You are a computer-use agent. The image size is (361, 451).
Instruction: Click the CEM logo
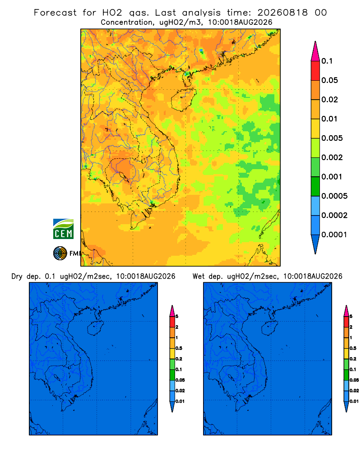click(x=63, y=229)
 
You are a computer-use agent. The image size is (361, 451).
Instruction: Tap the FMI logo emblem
click(x=60, y=253)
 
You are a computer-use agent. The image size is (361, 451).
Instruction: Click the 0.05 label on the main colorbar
click(x=329, y=80)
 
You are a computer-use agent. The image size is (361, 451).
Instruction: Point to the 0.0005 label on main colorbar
click(x=334, y=196)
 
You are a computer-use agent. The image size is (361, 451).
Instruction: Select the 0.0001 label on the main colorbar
click(x=334, y=235)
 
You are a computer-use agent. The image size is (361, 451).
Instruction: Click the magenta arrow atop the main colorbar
click(x=315, y=51)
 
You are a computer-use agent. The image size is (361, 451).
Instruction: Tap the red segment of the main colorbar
click(x=315, y=71)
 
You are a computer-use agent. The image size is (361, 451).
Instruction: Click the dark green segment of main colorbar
click(x=315, y=186)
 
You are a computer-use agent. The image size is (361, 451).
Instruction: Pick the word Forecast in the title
click(x=55, y=13)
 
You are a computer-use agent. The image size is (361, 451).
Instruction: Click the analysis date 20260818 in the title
click(x=282, y=13)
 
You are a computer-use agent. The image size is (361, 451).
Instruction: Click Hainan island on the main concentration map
click(x=183, y=99)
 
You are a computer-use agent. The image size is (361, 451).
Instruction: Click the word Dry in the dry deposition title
click(x=17, y=276)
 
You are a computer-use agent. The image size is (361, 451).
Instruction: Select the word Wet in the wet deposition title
click(x=199, y=276)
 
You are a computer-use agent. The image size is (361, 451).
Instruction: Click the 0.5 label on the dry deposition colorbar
click(x=179, y=348)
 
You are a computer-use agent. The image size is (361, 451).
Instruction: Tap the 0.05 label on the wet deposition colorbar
click(x=354, y=380)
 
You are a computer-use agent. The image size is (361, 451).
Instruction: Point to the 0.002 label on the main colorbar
click(x=332, y=157)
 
